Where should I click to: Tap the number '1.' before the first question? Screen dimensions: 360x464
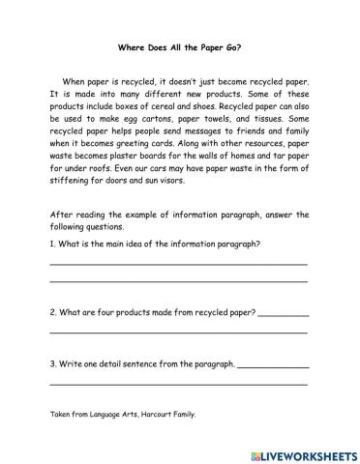[x=51, y=243]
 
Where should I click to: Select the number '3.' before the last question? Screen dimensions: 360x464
[x=51, y=364]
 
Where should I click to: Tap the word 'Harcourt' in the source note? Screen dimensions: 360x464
[x=148, y=414]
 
